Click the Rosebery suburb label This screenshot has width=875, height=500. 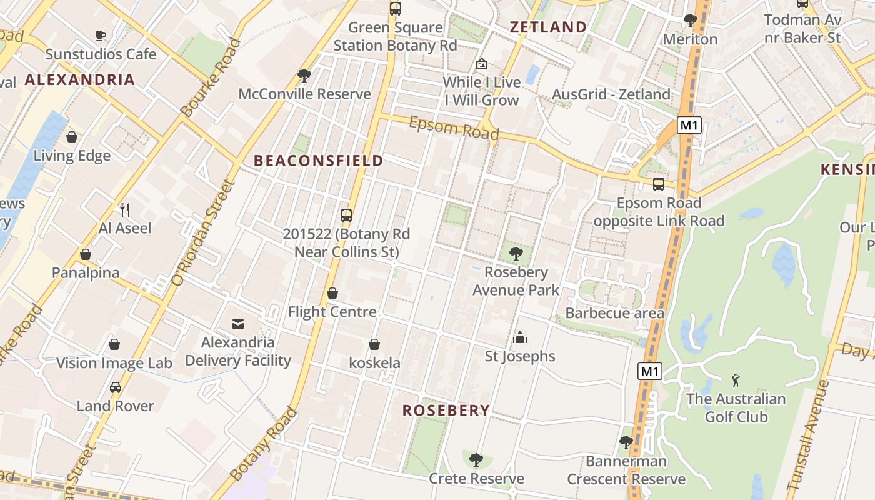click(x=446, y=411)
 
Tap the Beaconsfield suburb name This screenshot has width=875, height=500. click(x=319, y=161)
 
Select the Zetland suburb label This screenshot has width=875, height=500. click(x=548, y=27)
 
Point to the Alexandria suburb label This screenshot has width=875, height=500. click(x=80, y=79)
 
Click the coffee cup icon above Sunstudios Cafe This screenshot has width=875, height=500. click(x=101, y=36)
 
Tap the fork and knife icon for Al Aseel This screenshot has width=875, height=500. click(x=125, y=209)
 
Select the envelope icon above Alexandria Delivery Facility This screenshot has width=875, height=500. click(x=238, y=324)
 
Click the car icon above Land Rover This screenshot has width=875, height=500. click(x=115, y=387)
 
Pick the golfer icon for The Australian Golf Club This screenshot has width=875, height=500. click(x=736, y=380)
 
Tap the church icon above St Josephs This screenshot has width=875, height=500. click(x=520, y=337)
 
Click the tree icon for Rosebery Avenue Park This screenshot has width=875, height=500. click(x=516, y=253)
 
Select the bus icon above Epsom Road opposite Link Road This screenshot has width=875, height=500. click(x=659, y=184)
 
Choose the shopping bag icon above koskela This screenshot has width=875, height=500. click(x=374, y=344)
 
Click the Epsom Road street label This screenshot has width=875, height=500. click(x=454, y=128)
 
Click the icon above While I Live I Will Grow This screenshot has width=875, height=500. click(x=482, y=64)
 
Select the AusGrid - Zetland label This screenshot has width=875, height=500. click(x=611, y=94)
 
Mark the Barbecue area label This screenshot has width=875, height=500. click(x=614, y=313)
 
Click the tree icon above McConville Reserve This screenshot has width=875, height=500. click(x=304, y=76)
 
